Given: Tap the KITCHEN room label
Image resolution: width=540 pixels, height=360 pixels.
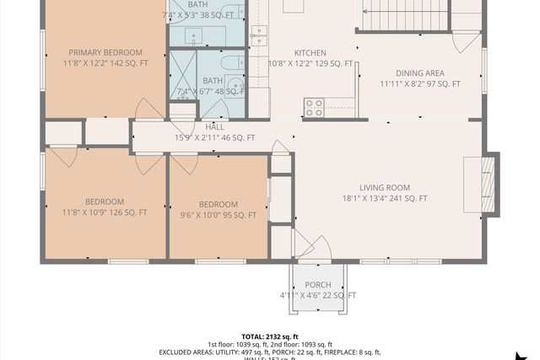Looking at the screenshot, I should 310,52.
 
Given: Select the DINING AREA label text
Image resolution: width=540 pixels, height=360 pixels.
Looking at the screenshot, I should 419,73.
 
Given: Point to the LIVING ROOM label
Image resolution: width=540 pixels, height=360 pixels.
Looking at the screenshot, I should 384,188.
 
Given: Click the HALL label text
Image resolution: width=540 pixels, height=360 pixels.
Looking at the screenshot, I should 215,126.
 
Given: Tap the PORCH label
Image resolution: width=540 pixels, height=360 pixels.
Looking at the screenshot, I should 317,285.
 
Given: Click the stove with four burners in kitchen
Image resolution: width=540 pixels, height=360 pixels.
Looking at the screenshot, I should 314,107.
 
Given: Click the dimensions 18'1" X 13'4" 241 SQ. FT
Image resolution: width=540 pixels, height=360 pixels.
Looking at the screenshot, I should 384,199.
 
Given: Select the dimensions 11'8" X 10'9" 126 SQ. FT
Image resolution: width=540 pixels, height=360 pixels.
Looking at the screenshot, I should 104,212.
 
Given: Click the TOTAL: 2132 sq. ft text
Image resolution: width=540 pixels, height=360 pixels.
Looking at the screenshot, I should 270,335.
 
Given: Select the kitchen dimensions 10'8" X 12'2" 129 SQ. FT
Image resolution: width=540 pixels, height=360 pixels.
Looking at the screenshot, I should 310,63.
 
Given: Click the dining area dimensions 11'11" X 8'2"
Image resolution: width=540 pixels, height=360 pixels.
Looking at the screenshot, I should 419,83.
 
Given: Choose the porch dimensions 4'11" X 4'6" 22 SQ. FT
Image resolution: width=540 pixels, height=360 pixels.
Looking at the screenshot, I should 317,296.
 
